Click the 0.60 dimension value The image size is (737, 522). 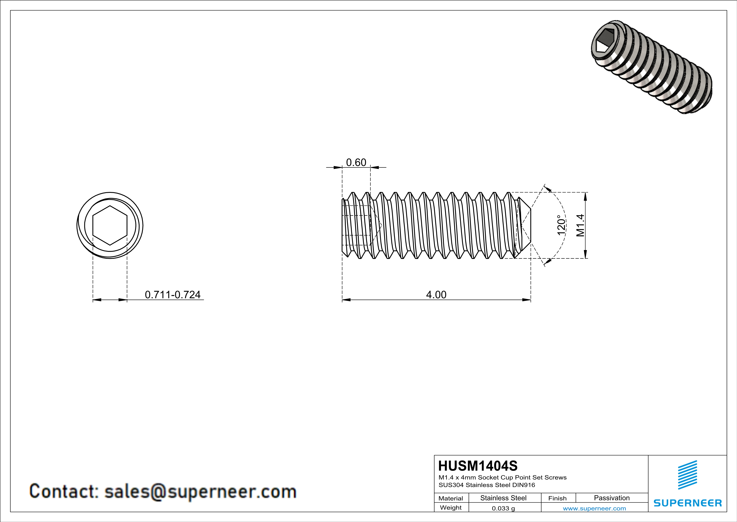pyautogui.click(x=356, y=162)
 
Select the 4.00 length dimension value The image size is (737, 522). pyautogui.click(x=436, y=294)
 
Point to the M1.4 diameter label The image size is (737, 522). pyautogui.click(x=580, y=225)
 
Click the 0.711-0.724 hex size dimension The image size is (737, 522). pyautogui.click(x=173, y=294)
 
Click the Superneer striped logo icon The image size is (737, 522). pyautogui.click(x=687, y=475)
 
